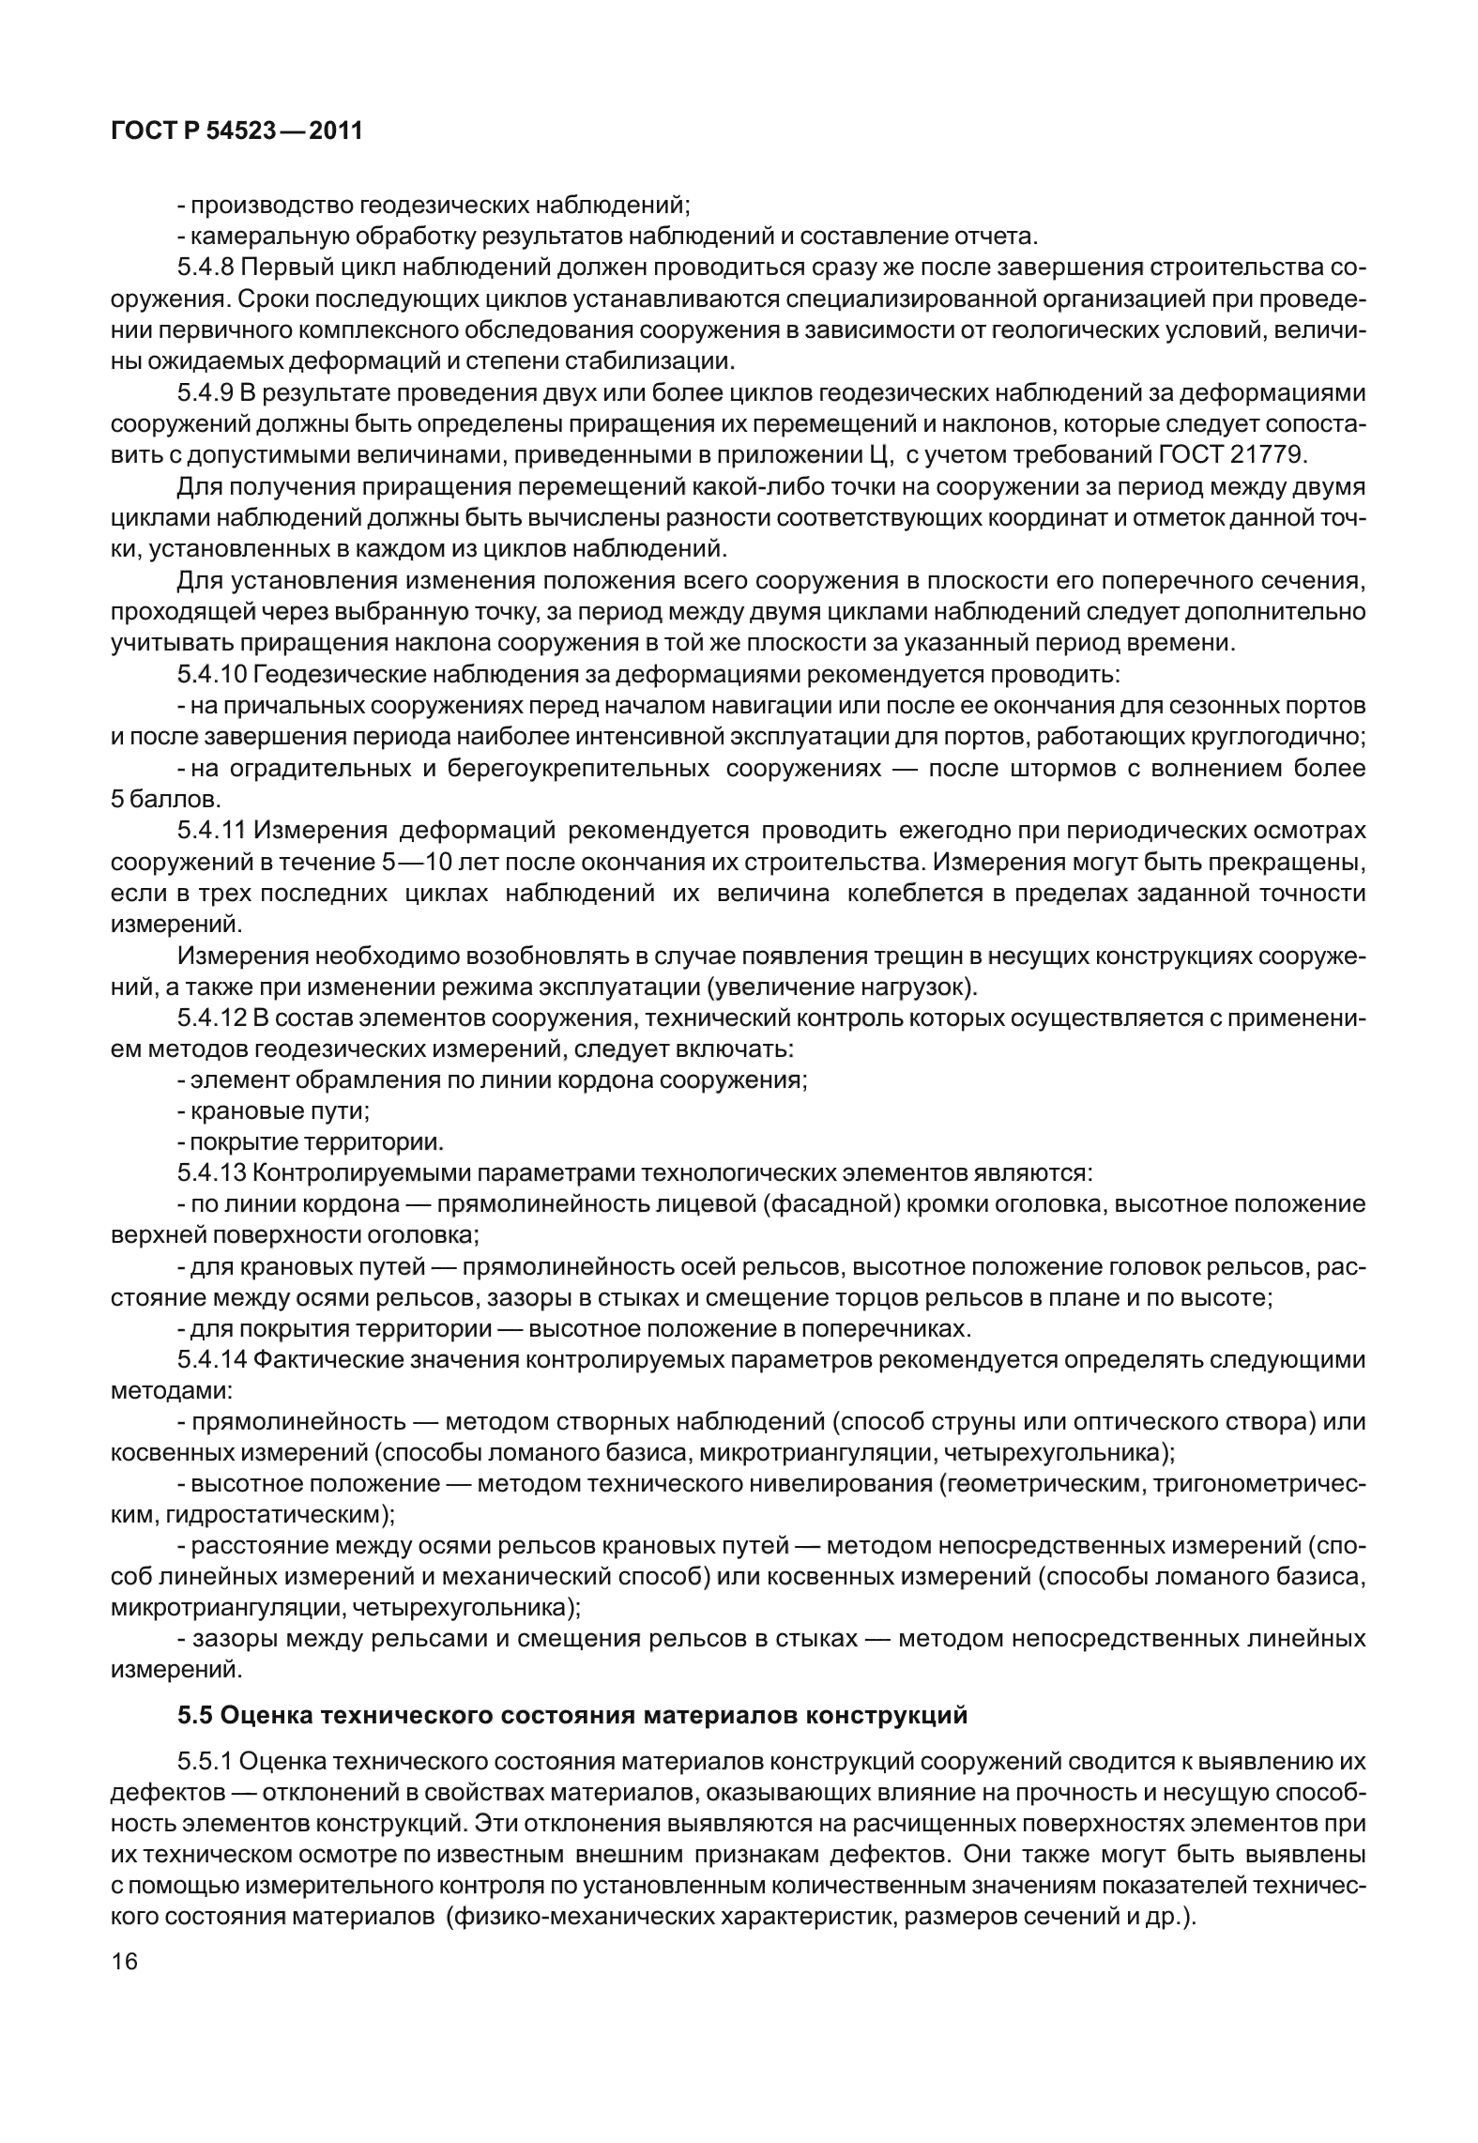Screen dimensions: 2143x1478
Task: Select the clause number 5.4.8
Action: (x=206, y=268)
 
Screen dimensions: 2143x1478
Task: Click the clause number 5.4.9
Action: (x=206, y=392)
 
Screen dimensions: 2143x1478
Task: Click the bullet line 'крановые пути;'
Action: (x=273, y=1111)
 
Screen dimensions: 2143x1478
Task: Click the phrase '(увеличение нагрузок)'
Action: (x=842, y=987)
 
